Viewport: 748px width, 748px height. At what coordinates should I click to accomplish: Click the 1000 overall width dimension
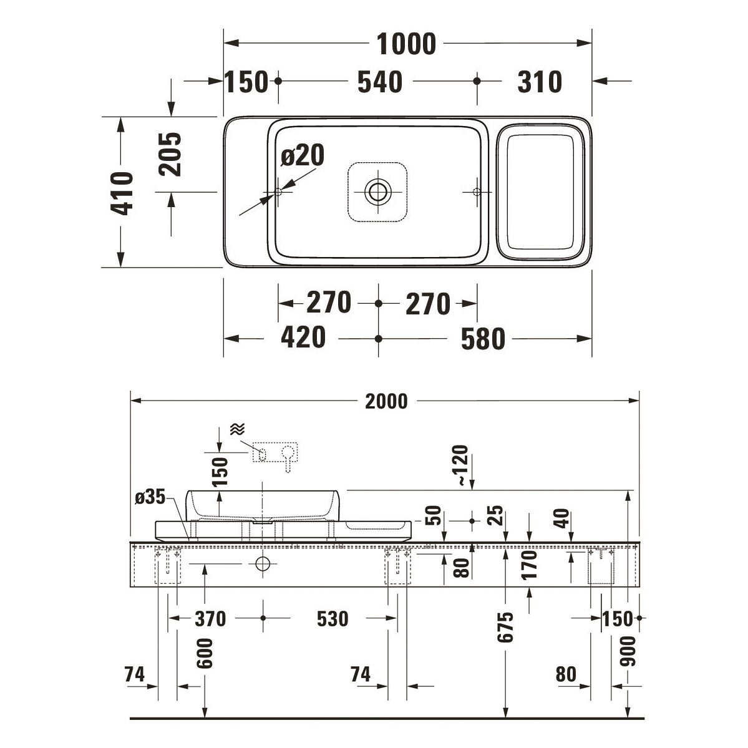point(406,44)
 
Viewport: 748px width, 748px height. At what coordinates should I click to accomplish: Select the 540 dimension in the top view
point(380,82)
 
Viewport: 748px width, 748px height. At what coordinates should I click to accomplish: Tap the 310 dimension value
point(540,82)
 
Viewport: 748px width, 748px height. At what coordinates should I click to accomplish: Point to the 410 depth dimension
point(122,193)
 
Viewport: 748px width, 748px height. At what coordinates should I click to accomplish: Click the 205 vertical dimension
point(170,154)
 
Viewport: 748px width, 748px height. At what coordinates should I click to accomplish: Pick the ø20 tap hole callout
point(303,155)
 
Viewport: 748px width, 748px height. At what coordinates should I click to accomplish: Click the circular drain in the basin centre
point(378,192)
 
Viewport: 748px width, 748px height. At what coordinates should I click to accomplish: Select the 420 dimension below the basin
point(303,338)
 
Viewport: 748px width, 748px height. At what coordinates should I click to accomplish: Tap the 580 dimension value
point(483,339)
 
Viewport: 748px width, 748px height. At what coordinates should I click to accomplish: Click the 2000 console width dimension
point(386,402)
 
